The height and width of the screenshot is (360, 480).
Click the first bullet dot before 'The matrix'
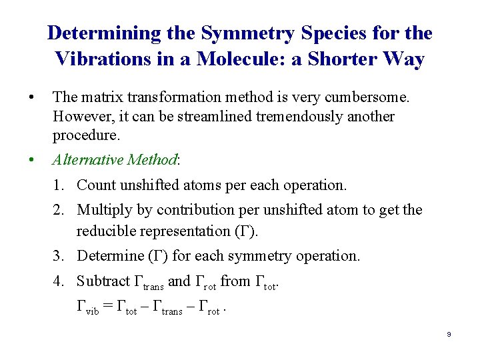[x=31, y=98]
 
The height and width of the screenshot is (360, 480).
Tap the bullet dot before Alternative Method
[x=31, y=160]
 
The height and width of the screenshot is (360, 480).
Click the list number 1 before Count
[x=58, y=185]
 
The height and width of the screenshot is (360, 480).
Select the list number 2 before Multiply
[x=58, y=210]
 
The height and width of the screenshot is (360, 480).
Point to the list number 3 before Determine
[x=58, y=256]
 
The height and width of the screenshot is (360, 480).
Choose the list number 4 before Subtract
[x=58, y=281]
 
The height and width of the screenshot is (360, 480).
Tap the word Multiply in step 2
[x=104, y=210]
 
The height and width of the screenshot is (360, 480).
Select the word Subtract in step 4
[x=103, y=281]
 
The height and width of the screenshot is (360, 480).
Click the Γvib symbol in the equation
[x=87, y=307]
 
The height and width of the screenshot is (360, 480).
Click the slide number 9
[x=449, y=334]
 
